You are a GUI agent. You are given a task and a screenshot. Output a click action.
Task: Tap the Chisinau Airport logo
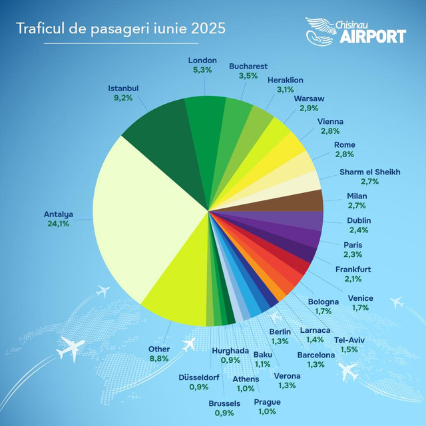(355, 31)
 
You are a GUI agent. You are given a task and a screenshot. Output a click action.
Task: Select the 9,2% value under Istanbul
(124, 97)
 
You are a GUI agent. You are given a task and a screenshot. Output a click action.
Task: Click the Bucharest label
(248, 67)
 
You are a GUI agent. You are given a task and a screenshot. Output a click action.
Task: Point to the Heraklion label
(285, 80)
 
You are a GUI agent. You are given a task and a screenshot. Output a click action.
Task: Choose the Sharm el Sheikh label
(369, 172)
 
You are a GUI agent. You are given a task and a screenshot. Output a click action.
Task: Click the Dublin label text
(359, 220)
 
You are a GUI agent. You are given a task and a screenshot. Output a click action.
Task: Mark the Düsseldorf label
(199, 377)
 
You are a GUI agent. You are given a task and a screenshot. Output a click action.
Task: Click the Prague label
(267, 402)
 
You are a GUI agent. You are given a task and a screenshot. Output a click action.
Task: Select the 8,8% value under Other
(159, 359)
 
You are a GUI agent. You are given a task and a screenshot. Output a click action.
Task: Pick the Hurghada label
(230, 351)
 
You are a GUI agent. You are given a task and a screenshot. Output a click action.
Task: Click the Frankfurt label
(353, 269)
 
